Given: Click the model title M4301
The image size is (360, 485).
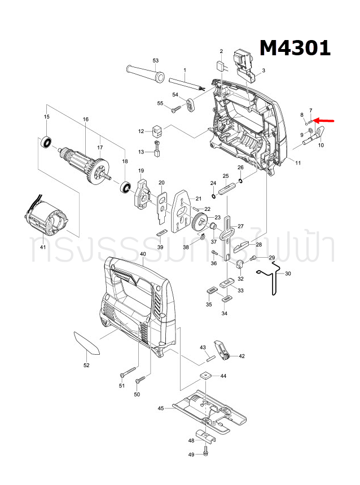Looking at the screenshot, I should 295,48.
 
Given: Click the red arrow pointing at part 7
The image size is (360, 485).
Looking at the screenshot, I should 324,120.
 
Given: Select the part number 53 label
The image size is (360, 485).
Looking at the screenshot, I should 156,60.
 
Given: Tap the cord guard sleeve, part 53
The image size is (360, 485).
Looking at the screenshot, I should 143,73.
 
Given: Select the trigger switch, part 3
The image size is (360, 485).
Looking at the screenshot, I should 247,61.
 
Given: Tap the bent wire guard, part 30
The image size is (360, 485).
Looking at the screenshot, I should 273,280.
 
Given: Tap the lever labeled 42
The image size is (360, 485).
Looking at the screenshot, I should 222,350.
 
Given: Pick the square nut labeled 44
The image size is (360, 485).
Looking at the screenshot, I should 206,376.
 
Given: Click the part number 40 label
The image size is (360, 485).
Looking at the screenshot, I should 143,254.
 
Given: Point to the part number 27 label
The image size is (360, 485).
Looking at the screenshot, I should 240,226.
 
